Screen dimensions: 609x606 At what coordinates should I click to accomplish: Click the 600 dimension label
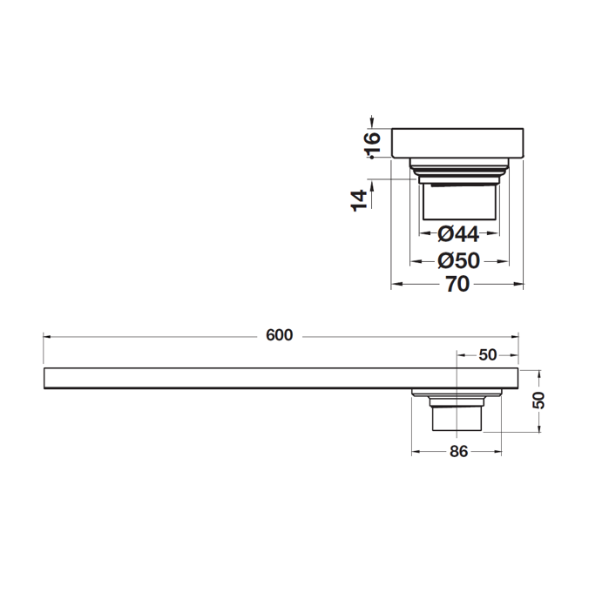coord(279,335)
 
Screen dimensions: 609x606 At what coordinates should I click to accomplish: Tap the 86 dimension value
coord(458,452)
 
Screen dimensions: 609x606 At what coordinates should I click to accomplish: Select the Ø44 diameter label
coord(458,234)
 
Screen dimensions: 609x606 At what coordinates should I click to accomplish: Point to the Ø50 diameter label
coord(458,261)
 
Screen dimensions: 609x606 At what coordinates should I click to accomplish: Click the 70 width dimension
coord(457,284)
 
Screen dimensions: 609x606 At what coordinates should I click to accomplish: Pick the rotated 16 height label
coord(373,144)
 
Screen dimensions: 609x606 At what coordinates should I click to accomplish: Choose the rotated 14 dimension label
coord(359,201)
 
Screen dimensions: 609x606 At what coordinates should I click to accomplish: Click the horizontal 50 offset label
coord(488,355)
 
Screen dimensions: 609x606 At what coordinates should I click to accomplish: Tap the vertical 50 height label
coord(538,401)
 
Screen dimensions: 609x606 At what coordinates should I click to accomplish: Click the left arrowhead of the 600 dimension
coord(47,337)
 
